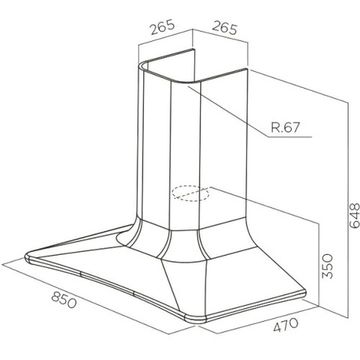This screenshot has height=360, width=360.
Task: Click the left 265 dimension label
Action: coord(162,27)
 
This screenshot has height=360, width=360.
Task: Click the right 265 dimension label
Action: coord(224,27)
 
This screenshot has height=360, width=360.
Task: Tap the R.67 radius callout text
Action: coord(286,127)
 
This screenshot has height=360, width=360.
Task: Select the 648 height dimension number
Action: coord(354,215)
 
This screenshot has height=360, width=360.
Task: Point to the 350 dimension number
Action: coord(328,266)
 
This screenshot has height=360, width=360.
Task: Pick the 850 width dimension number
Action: coord(64,300)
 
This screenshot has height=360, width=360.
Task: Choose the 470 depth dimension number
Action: coord(285,325)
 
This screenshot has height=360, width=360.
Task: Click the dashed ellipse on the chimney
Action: coord(190,193)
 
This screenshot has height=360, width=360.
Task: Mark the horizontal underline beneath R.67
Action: coord(289,137)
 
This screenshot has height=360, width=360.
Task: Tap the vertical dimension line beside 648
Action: coord(348,211)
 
